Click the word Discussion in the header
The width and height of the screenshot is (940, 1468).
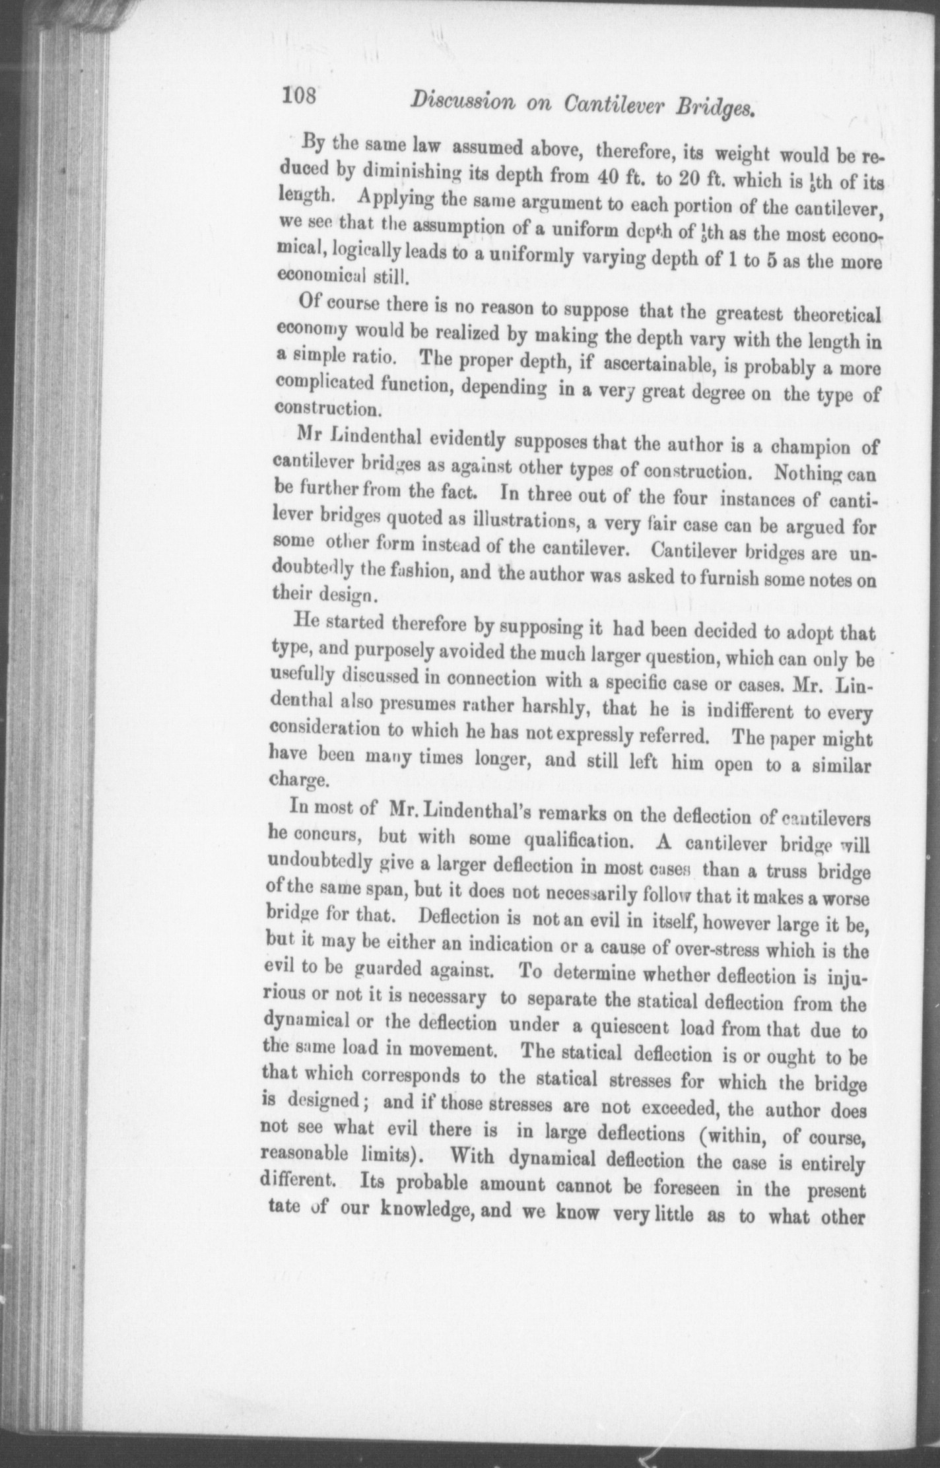(462, 101)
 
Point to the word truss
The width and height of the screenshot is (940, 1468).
(790, 870)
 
